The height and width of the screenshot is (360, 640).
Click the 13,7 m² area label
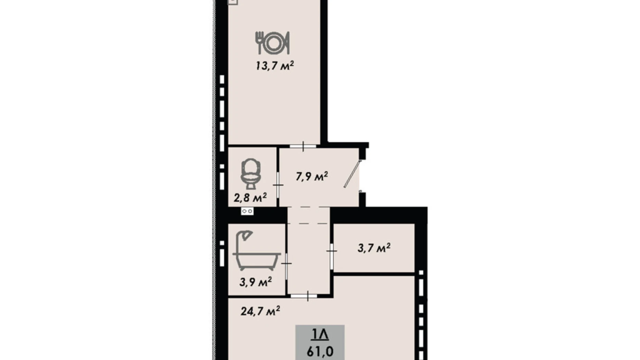tap(275, 65)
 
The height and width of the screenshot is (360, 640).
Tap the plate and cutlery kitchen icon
tap(273, 43)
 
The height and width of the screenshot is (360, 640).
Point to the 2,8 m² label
tap(250, 198)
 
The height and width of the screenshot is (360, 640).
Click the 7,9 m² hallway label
tap(312, 176)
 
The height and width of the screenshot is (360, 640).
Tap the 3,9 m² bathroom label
tap(255, 282)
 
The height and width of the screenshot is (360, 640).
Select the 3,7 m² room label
tap(374, 248)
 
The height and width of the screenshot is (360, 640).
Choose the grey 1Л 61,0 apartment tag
tap(320, 342)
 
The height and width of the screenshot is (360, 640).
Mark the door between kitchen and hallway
tap(303, 146)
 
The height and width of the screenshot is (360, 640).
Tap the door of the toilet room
tap(278, 185)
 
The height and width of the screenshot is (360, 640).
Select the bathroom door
tap(286, 264)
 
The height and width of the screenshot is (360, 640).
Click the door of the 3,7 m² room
tap(331, 250)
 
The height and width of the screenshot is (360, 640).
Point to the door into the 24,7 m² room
tap(308, 296)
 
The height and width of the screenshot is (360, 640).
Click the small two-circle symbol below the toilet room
tap(247, 211)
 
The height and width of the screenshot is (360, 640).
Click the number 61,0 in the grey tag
tap(320, 351)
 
